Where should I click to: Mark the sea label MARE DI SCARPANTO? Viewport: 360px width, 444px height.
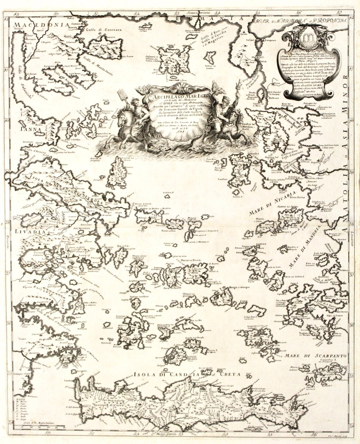point(314,355)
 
